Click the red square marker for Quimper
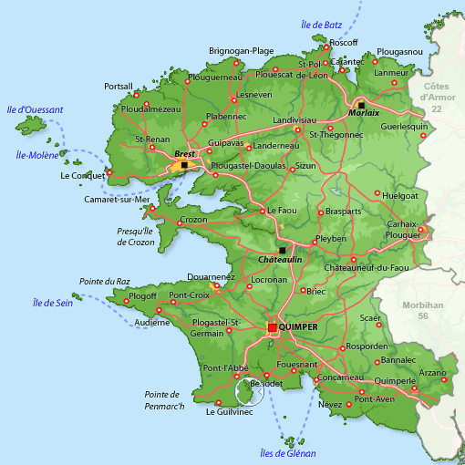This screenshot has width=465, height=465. tap(273, 327)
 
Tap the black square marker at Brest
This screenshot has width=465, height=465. tap(184, 165)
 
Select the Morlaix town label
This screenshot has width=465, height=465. tap(364, 114)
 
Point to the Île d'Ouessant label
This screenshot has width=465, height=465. tap(34, 110)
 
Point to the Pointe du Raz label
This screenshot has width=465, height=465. tap(104, 282)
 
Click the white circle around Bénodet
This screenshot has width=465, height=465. tap(250, 391)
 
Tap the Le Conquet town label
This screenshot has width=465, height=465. tap(81, 175)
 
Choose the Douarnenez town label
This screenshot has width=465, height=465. tap(210, 276)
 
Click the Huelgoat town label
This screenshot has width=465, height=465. tap(401, 195)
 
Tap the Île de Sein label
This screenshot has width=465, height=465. tap(53, 303)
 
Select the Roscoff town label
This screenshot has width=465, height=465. tap(344, 43)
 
